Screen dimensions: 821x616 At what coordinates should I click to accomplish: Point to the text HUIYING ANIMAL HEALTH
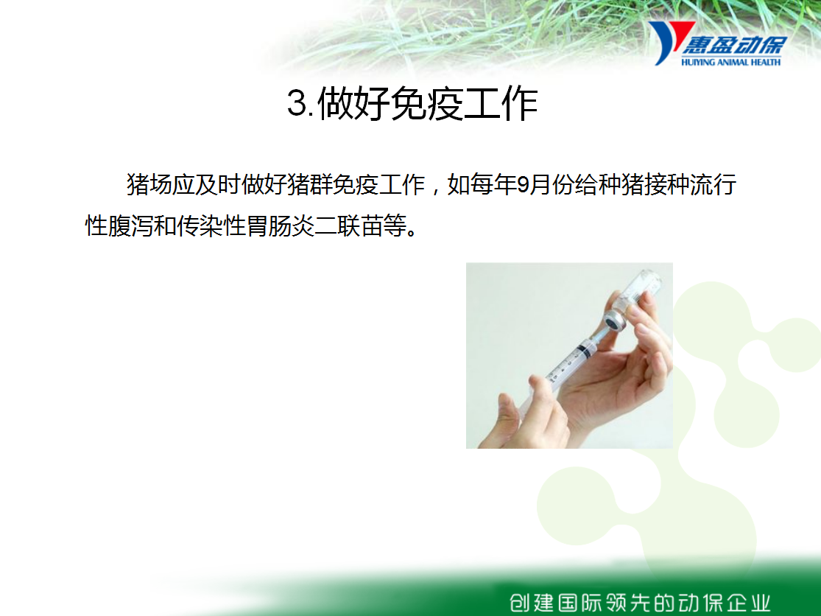tap(730, 63)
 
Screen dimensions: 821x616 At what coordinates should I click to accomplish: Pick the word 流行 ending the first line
tap(713, 184)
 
